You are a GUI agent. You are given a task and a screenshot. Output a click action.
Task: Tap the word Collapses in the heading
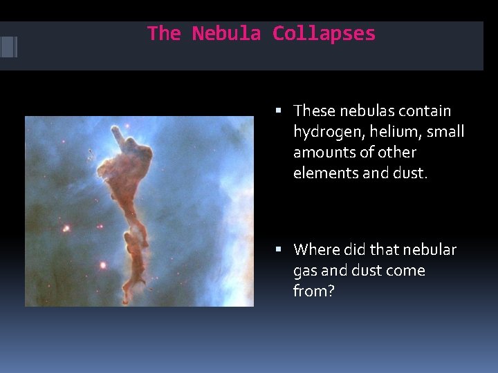coord(324,33)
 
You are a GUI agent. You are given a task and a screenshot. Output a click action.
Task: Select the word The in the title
coord(164,33)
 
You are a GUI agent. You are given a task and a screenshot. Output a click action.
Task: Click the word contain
coord(425,111)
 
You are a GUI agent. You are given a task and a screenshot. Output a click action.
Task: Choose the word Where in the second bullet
coord(315,249)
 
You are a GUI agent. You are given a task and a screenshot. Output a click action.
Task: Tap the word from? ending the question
coord(314,291)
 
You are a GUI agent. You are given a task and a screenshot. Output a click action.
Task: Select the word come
coord(405,271)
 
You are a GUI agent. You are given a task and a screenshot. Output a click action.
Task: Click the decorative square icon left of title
coord(8,46)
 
